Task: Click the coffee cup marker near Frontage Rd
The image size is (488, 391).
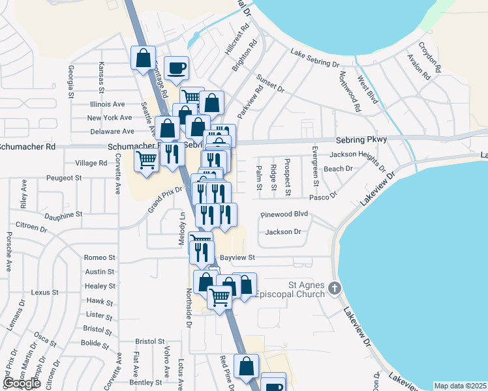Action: click(177, 68)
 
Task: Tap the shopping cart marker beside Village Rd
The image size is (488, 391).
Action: click(147, 159)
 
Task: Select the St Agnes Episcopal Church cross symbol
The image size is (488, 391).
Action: click(335, 287)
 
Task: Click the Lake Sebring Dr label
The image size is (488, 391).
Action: click(315, 59)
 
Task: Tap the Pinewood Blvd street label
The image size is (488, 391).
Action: click(284, 214)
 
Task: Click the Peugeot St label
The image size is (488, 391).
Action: click(63, 177)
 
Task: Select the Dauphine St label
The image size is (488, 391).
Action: click(63, 214)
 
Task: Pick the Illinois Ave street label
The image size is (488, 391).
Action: click(107, 104)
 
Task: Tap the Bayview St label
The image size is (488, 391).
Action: click(236, 258)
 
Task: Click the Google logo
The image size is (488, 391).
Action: click(22, 383)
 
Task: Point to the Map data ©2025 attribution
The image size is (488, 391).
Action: click(460, 386)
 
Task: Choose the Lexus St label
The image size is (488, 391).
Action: click(45, 293)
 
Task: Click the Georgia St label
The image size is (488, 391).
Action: click(70, 82)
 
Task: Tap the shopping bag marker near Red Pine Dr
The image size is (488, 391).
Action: click(247, 366)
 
